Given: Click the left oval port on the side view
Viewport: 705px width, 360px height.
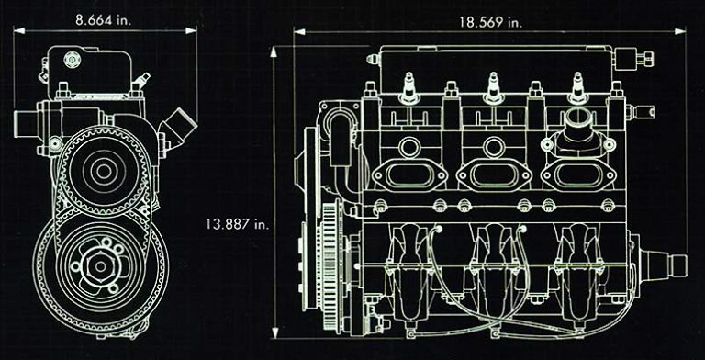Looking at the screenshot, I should pos(408,173).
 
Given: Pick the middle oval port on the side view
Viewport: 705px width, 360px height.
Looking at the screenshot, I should pos(494,173).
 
